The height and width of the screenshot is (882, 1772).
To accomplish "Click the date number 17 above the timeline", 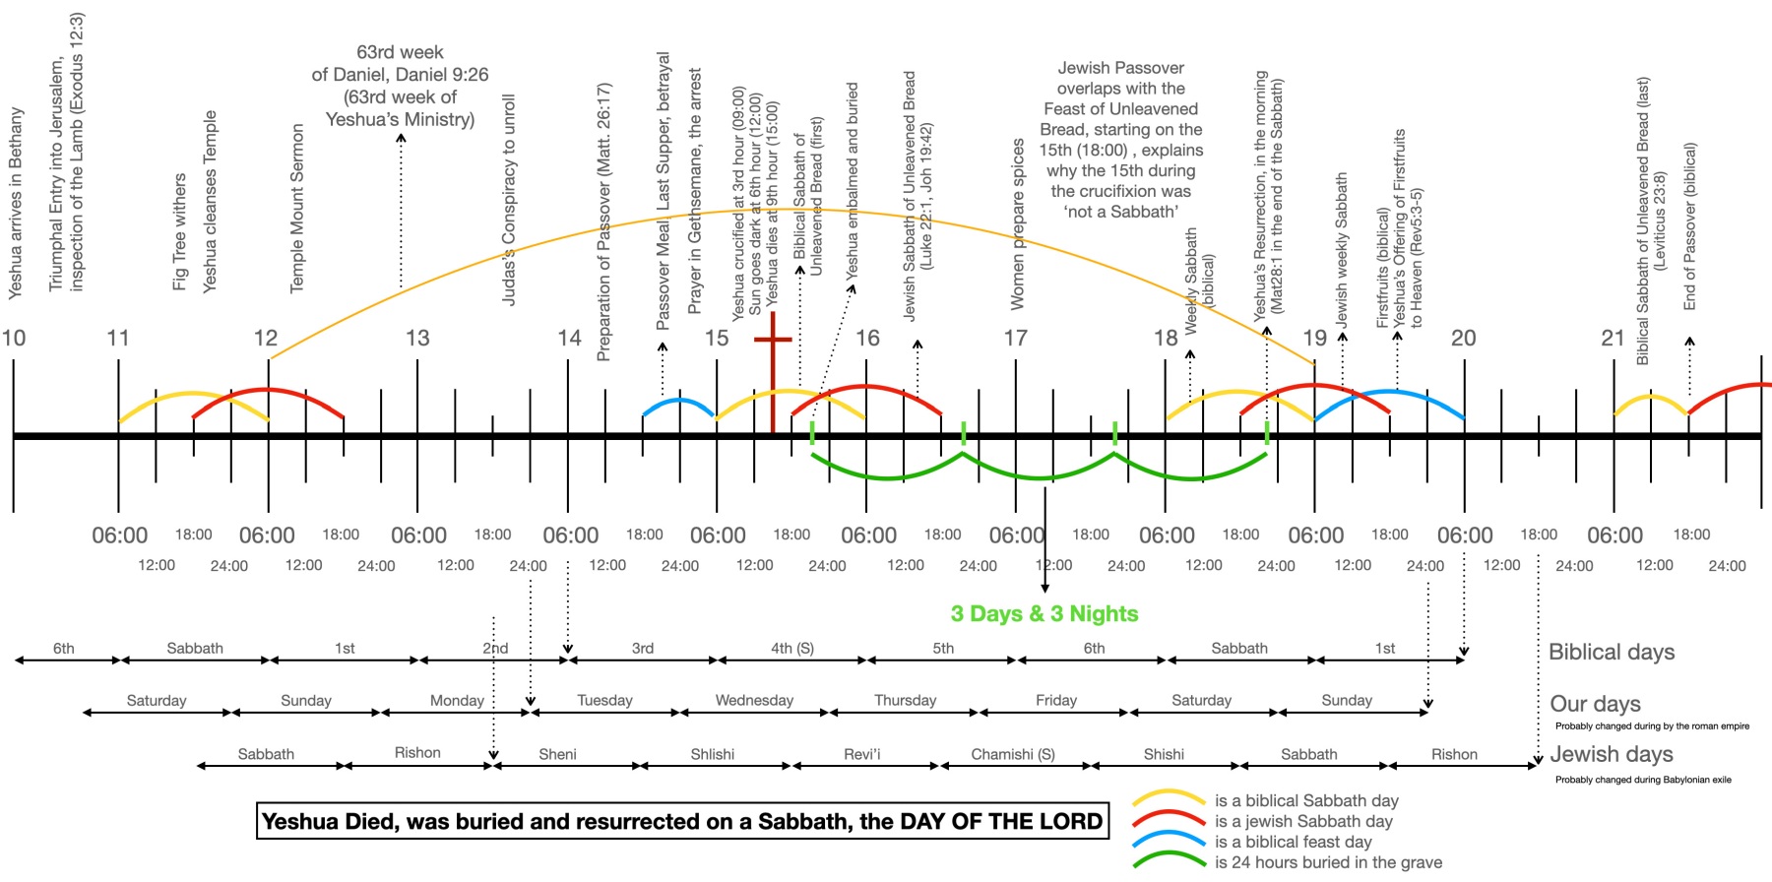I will click(x=1015, y=338).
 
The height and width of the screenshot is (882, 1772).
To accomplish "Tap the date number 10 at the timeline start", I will click(x=14, y=338).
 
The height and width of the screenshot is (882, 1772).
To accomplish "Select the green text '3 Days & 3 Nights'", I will click(x=1044, y=613).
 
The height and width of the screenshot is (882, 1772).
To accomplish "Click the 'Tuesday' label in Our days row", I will click(x=604, y=700).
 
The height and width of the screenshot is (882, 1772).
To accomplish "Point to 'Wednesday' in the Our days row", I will click(x=754, y=700).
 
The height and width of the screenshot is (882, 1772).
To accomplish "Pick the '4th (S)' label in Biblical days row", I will click(x=791, y=648).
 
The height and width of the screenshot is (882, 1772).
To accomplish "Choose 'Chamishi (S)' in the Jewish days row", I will click(x=1013, y=754).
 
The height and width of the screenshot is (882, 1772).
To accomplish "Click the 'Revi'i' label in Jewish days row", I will click(x=861, y=754).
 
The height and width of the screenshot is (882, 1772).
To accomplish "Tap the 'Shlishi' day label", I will click(x=712, y=754).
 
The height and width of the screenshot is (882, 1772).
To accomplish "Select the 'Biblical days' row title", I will click(x=1612, y=652).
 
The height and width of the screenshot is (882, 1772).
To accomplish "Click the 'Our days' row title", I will click(x=1595, y=704).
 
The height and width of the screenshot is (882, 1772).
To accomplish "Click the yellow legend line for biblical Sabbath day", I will click(x=1169, y=798).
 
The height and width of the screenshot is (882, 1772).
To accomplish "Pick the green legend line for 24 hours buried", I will click(x=1169, y=861).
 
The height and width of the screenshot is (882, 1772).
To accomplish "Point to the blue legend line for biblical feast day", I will click(x=1169, y=841).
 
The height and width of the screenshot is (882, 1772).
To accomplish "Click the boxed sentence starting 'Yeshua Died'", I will click(x=682, y=821).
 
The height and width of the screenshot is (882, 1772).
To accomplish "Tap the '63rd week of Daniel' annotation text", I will click(x=400, y=86).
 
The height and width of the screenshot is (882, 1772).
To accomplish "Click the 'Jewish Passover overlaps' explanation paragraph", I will click(x=1120, y=139).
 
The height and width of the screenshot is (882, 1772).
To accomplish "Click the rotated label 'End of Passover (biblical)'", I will click(x=1689, y=226).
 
